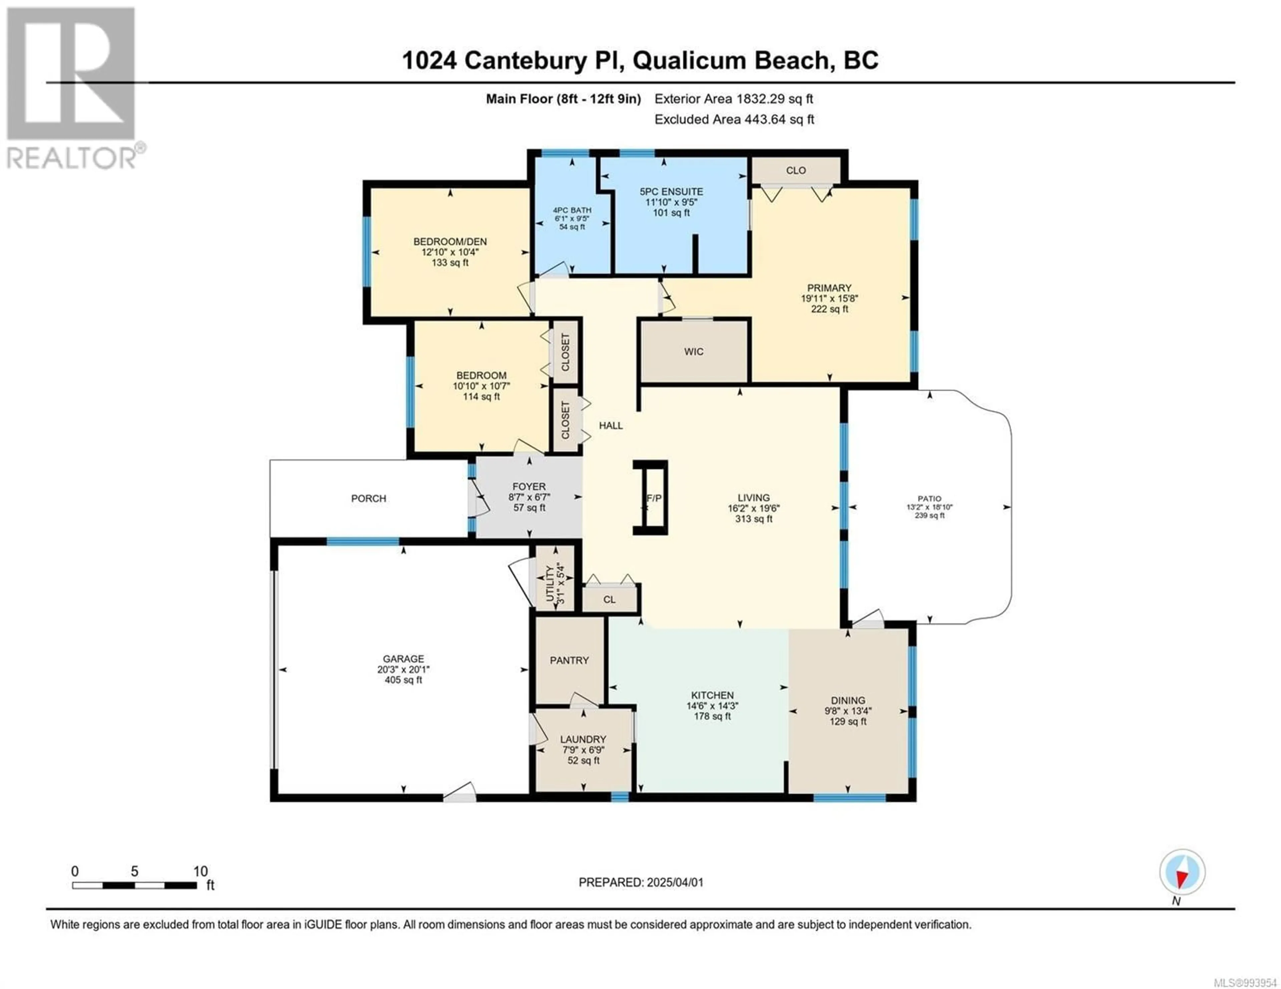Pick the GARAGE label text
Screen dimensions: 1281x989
click(404, 659)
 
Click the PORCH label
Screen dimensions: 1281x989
click(368, 498)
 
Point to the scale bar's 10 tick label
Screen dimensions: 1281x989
click(200, 871)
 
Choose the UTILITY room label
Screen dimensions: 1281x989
click(550, 583)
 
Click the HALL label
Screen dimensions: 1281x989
click(610, 426)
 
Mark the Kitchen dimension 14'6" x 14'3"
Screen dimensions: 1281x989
click(712, 706)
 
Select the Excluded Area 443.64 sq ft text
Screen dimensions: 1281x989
click(734, 120)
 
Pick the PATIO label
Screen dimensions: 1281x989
click(930, 499)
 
